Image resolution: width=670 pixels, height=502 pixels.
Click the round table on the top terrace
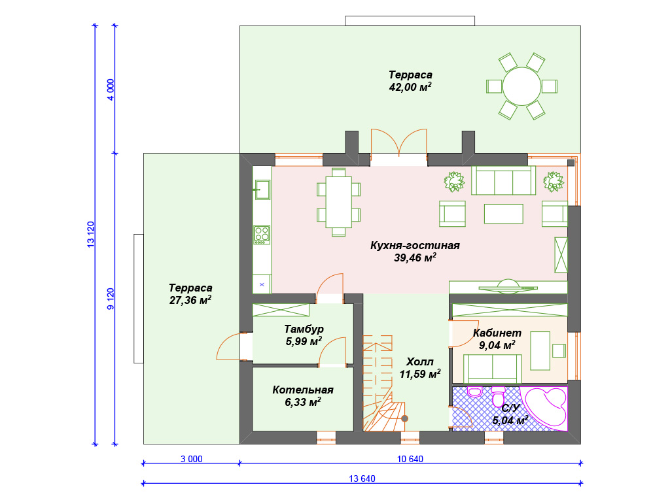[521, 86]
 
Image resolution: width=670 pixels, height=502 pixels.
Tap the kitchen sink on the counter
[262, 190]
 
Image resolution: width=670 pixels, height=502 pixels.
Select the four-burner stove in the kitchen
[262, 235]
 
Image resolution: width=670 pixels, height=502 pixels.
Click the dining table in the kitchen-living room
[339, 202]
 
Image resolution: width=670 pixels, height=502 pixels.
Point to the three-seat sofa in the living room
[503, 180]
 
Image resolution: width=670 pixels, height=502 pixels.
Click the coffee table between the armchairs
[503, 214]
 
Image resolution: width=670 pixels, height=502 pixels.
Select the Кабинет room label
[497, 333]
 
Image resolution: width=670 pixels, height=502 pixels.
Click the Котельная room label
[303, 390]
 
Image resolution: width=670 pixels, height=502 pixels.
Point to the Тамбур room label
[304, 329]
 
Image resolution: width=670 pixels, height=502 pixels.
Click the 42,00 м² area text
[410, 87]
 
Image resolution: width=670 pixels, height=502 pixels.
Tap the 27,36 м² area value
[190, 300]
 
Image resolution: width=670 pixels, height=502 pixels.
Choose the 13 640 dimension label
[362, 478]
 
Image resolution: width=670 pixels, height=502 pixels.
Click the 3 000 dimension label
[192, 459]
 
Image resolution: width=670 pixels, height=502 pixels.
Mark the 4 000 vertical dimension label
[111, 90]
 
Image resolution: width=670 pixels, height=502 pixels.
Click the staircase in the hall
[378, 383]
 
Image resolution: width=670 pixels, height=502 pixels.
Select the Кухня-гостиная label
[415, 246]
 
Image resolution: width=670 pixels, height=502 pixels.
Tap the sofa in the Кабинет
[493, 369]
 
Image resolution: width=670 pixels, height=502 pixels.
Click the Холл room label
[419, 362]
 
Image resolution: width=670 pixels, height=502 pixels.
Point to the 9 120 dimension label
[111, 299]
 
